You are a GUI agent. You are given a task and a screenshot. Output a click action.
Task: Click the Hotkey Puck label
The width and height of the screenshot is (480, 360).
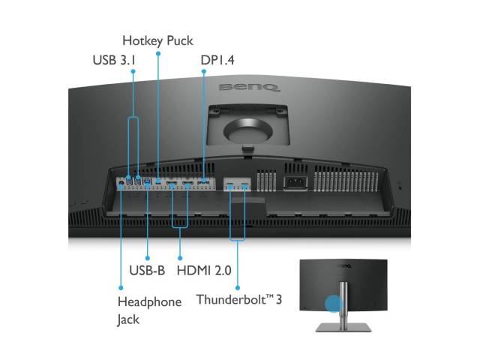click(x=157, y=41)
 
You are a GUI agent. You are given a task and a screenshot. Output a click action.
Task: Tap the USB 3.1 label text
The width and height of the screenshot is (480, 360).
click(x=114, y=60)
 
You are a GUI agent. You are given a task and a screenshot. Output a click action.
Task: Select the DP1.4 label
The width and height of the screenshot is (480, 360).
click(x=217, y=60)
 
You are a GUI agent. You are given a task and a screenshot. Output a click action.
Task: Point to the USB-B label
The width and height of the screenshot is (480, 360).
click(x=147, y=270)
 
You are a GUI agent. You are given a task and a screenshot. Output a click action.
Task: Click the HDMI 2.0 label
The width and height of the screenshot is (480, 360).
click(x=204, y=271)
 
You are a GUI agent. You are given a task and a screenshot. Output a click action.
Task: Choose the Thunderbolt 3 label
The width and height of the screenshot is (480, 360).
click(x=239, y=299)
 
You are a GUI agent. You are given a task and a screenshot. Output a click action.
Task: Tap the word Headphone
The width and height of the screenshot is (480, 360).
click(x=149, y=301)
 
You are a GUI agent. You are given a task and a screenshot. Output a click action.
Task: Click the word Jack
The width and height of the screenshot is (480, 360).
click(x=128, y=320)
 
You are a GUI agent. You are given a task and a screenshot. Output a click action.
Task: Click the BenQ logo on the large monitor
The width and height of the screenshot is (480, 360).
click(x=249, y=88)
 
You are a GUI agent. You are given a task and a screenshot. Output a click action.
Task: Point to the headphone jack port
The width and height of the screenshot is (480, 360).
click(x=121, y=184)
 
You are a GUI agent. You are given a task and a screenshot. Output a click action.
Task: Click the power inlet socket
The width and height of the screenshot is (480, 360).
click(x=295, y=183)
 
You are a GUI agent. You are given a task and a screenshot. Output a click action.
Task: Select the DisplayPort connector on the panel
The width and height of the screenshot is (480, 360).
click(x=203, y=183)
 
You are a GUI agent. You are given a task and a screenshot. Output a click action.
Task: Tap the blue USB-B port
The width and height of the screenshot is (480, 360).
click(x=148, y=181)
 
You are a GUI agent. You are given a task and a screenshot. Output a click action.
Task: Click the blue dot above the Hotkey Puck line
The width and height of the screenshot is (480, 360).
click(x=158, y=53)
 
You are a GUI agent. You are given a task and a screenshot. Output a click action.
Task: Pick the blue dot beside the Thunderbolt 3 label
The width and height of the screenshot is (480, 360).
click(x=238, y=288)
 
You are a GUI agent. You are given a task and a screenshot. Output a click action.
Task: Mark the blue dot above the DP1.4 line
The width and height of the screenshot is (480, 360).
click(x=204, y=71)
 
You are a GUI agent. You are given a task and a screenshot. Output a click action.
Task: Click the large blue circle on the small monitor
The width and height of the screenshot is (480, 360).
click(x=333, y=303)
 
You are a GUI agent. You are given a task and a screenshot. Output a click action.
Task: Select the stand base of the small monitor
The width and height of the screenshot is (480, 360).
click(x=343, y=328)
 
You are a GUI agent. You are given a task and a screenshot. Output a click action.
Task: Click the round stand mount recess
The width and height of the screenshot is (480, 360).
click(x=248, y=130)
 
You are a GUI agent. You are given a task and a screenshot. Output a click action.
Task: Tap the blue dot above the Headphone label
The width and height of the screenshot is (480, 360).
click(x=121, y=288)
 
